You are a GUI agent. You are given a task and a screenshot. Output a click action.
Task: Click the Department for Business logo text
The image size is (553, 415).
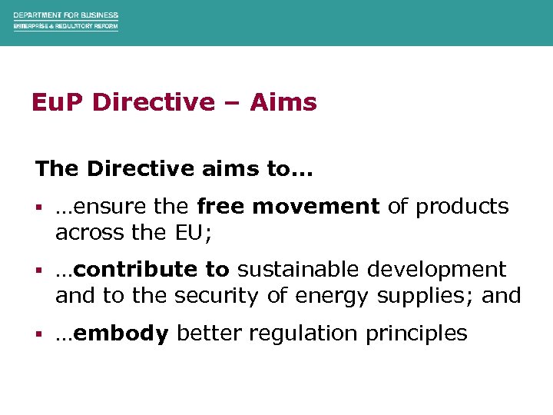coord(65,21)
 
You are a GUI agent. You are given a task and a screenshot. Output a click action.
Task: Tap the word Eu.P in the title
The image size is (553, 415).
coord(58,102)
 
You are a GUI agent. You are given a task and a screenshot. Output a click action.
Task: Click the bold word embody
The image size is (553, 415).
coord(122,334)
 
